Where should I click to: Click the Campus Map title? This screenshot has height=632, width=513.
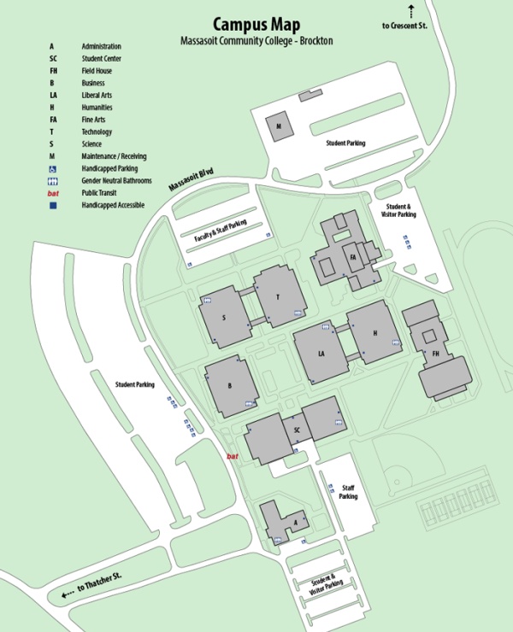pyautogui.click(x=256, y=23)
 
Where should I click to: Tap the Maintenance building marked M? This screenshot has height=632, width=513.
pyautogui.click(x=279, y=126)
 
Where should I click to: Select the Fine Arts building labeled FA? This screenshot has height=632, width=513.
pyautogui.click(x=351, y=254)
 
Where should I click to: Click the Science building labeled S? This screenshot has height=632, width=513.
pyautogui.click(x=224, y=318)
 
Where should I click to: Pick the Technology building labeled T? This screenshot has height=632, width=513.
pyautogui.click(x=277, y=296)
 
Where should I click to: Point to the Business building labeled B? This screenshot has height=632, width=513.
pyautogui.click(x=230, y=386)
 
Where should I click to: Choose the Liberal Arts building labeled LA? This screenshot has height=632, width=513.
pyautogui.click(x=321, y=353)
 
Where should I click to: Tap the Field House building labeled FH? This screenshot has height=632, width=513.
pyautogui.click(x=435, y=353)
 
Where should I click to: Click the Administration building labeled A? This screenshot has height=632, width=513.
pyautogui.click(x=295, y=520)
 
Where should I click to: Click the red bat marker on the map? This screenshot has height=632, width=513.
pyautogui.click(x=232, y=457)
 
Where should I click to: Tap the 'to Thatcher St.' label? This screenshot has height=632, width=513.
pyautogui.click(x=99, y=585)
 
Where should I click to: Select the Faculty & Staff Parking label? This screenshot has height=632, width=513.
pyautogui.click(x=221, y=230)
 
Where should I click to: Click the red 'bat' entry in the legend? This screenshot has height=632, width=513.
pyautogui.click(x=52, y=193)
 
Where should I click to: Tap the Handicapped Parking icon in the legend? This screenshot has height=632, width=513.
pyautogui.click(x=52, y=168)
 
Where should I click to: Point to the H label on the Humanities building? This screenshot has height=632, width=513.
pyautogui.click(x=375, y=334)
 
